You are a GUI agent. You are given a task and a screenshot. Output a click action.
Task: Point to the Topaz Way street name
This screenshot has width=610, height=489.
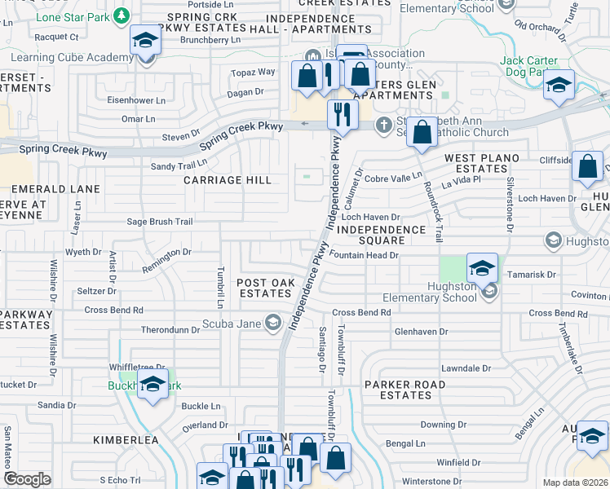click(x=255, y=72)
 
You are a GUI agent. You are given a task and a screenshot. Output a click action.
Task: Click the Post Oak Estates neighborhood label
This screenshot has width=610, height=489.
click(x=265, y=288)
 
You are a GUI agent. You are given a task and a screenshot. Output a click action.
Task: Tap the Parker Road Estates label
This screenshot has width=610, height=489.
click(x=405, y=390)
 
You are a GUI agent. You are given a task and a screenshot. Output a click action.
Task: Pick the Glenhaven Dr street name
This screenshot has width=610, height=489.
click(x=421, y=332)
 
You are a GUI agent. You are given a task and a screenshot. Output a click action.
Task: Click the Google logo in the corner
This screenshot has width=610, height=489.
click(x=27, y=479)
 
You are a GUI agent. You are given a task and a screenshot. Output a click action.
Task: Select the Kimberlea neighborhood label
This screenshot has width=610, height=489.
click(x=125, y=439)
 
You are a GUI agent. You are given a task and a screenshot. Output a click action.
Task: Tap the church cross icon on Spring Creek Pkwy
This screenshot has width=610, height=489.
click(x=383, y=125)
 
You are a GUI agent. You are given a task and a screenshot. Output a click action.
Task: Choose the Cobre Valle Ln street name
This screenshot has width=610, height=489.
click(x=393, y=178)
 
